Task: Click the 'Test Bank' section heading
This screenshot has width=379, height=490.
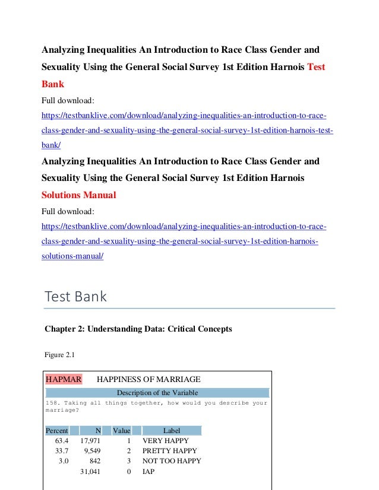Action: coord(76,296)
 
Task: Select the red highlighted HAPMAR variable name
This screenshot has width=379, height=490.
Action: coord(64,379)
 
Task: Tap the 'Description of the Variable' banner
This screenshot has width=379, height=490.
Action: coord(157,392)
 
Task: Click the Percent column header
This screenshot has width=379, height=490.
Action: coord(57,431)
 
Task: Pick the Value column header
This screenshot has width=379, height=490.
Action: coord(122,431)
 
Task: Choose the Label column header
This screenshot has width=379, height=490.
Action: coord(172,431)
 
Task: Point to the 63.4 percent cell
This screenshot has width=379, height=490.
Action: coord(62,441)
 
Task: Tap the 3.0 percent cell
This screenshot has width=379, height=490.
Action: coord(63,461)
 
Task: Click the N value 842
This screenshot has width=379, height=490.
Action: coord(95,461)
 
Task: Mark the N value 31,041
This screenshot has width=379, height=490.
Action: coord(90,472)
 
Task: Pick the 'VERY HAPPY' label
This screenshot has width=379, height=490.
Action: coord(166,441)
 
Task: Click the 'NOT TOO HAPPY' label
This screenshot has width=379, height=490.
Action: coord(172,461)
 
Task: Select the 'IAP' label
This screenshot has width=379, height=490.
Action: coord(149,472)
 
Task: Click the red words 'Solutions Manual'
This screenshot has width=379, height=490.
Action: coord(79,195)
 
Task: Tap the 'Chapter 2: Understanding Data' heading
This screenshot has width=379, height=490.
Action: coord(138,328)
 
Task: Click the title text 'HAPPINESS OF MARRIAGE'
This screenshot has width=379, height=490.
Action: coord(149,379)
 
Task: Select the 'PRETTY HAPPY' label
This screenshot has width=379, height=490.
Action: coord(169,451)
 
